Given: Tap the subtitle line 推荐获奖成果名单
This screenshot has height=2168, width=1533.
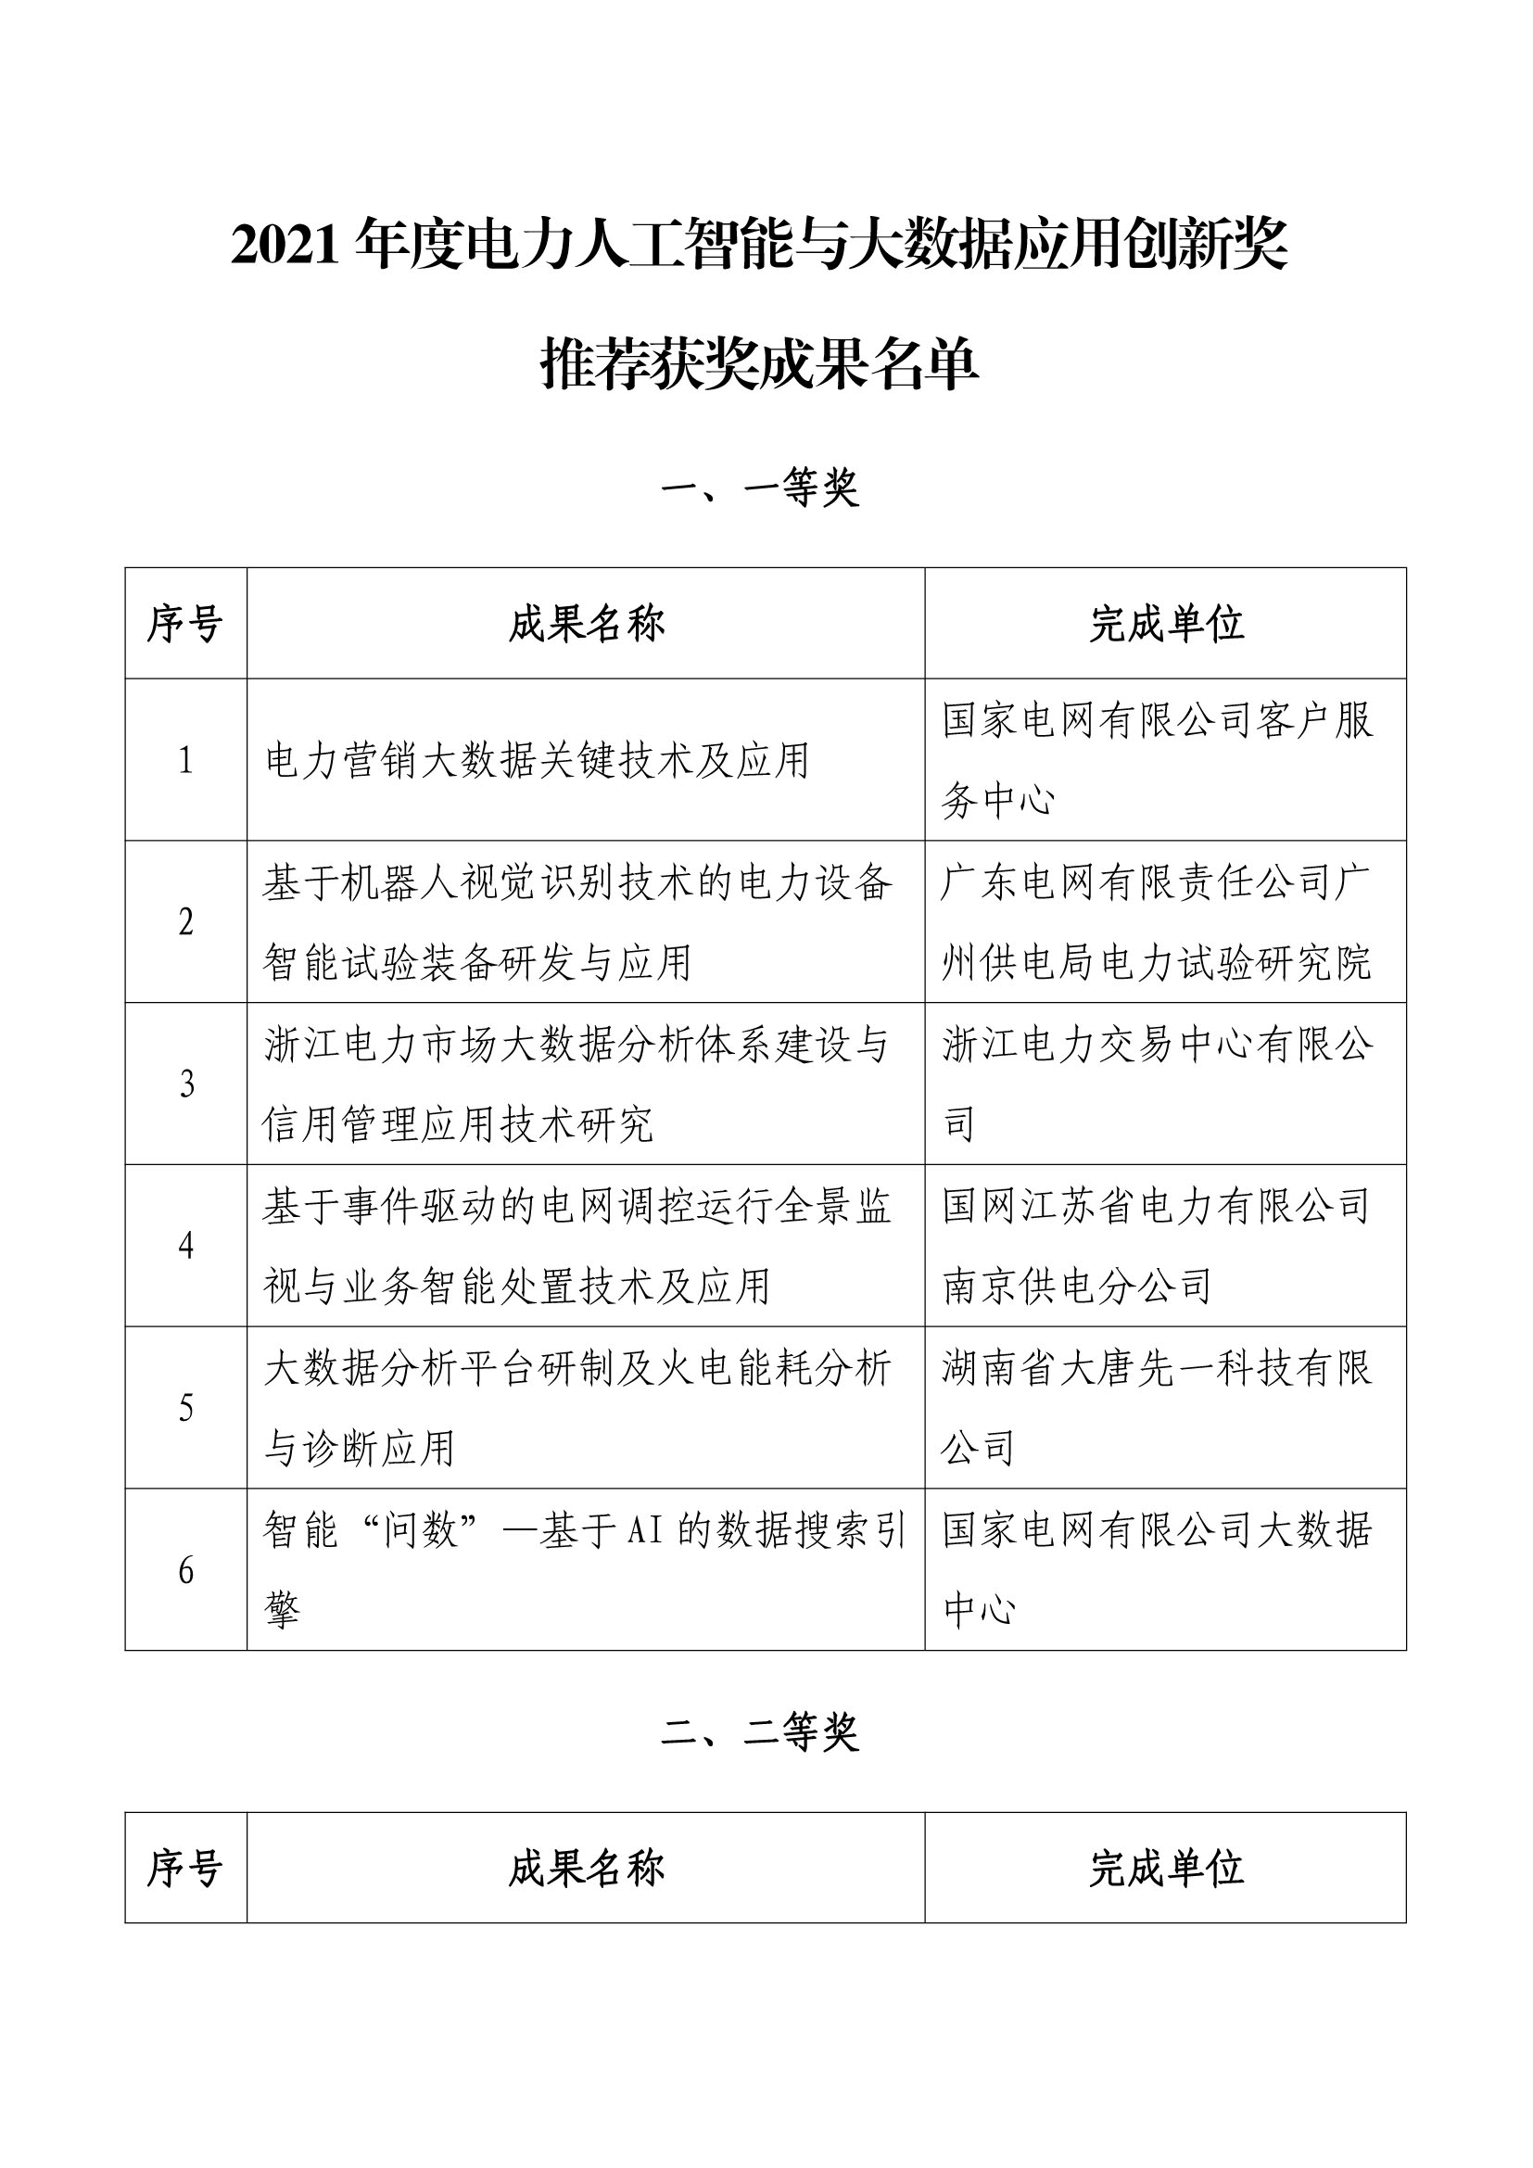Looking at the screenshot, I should tap(760, 364).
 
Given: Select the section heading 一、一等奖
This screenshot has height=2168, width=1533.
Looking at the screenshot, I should tap(760, 488).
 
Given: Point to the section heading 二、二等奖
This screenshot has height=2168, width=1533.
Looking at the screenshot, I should tap(760, 1733).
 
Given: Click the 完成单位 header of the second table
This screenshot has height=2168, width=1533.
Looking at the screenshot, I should tap(1166, 1869).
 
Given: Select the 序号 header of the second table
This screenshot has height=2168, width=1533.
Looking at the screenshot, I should tap(185, 1869).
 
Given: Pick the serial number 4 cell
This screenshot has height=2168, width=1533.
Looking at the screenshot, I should tap(186, 1247).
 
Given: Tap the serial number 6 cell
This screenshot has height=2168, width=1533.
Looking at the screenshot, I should tap(186, 1571).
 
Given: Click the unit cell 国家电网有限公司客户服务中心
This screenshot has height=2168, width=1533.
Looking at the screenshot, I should tap(1157, 760).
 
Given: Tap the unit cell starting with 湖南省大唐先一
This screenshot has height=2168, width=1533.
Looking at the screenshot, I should tap(1157, 1408).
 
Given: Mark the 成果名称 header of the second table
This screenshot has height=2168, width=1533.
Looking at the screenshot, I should tap(586, 1869).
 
